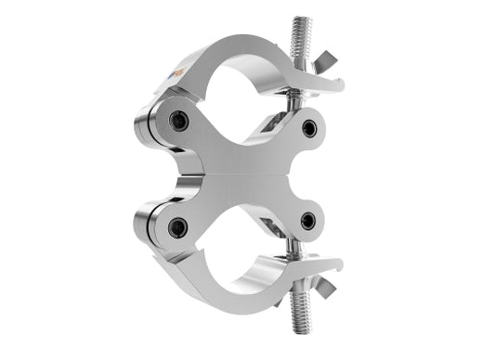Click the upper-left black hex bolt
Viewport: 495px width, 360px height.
pos(179,121)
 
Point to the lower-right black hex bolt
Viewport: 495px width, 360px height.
pos(308,220)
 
